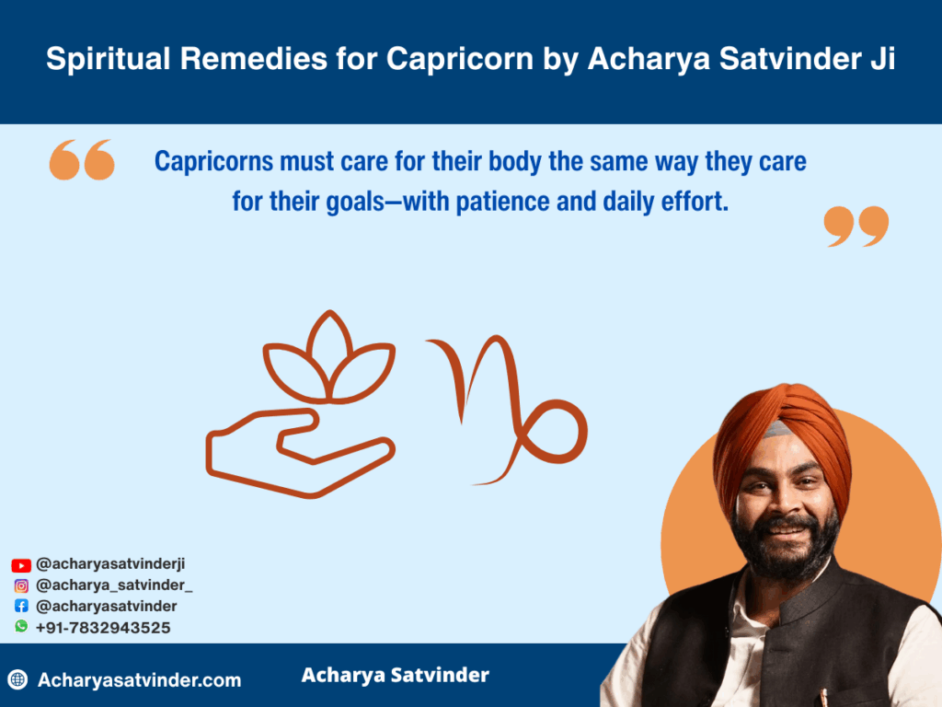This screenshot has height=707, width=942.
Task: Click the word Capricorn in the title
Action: click(x=460, y=60)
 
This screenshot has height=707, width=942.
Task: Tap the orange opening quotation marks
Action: click(x=82, y=160)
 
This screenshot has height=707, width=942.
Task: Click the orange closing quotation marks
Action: click(x=856, y=226)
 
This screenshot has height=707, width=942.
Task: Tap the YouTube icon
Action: click(x=21, y=565)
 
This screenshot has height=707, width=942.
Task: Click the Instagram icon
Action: click(x=21, y=585)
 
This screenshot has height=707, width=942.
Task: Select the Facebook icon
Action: click(x=21, y=606)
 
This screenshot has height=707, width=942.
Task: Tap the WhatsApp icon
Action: click(x=21, y=626)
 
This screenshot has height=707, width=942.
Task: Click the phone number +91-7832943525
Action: click(x=103, y=628)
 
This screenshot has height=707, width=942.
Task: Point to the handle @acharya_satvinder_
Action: click(x=114, y=585)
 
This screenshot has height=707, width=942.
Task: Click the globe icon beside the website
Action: click(x=18, y=679)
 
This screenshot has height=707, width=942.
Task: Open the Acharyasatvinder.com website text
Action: click(x=140, y=680)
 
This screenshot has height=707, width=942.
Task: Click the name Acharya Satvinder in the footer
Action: click(x=396, y=675)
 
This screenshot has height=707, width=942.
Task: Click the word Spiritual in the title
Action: click(x=109, y=60)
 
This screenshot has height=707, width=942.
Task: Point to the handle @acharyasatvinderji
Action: click(x=110, y=564)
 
